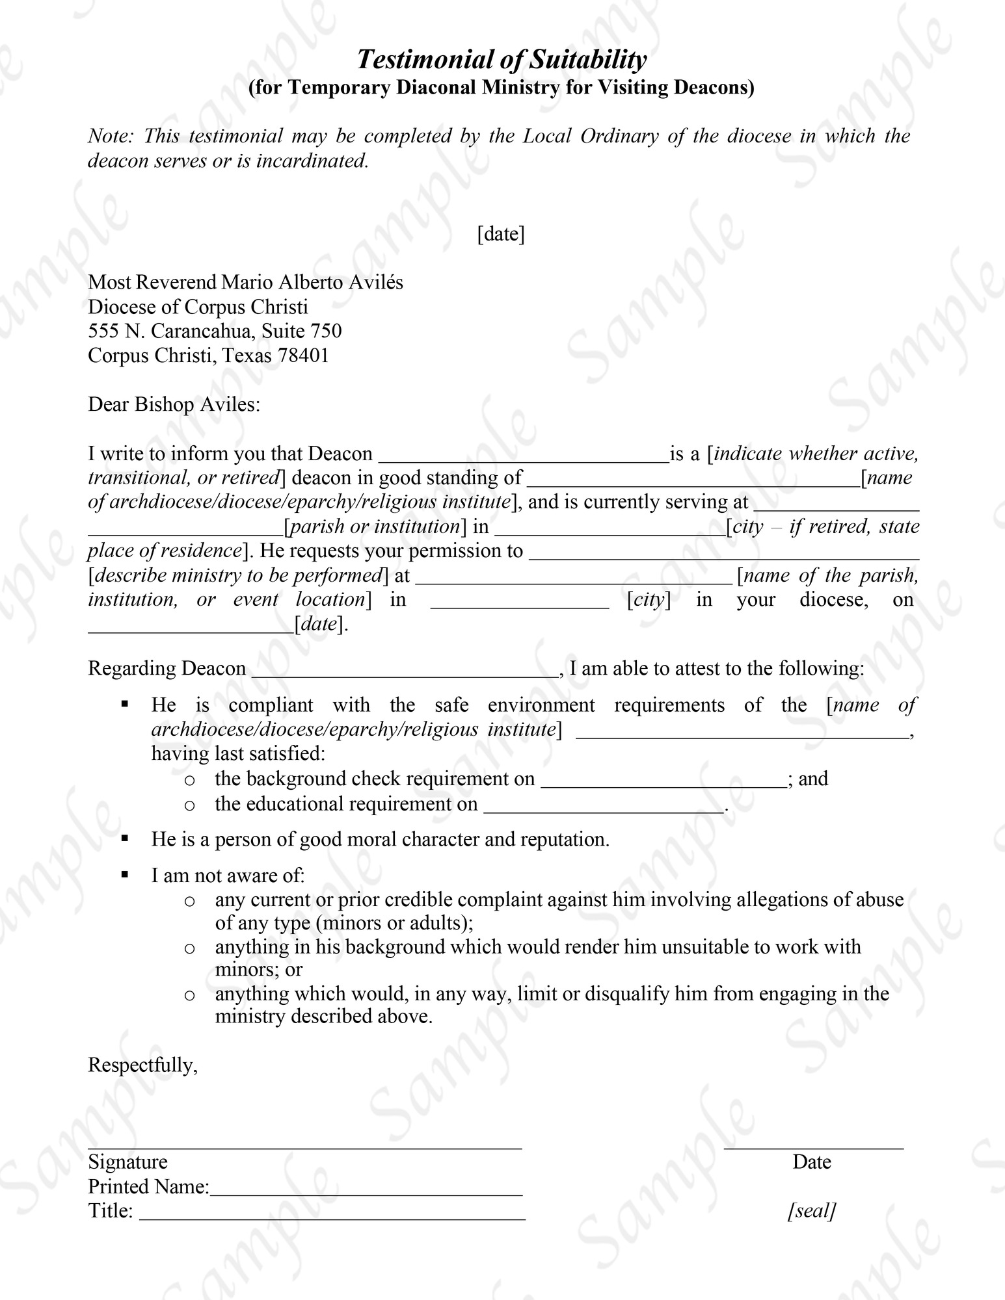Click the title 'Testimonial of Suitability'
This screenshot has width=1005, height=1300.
coord(502,60)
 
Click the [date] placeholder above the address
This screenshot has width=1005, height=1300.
coord(501,234)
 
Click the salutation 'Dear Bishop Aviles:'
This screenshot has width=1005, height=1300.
coord(174,405)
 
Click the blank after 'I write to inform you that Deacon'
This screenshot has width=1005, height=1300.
coord(523,455)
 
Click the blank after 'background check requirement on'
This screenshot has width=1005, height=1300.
coord(663,781)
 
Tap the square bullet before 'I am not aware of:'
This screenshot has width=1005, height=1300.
coord(125,875)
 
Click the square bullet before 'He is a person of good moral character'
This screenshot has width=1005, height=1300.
coord(125,838)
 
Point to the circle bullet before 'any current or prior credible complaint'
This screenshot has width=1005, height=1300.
coord(189,901)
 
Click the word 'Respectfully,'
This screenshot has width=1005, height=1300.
coord(142,1065)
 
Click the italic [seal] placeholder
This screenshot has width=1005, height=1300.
coord(811,1210)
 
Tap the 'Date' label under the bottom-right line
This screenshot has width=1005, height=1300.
coord(811,1162)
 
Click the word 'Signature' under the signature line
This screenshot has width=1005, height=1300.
coord(127,1162)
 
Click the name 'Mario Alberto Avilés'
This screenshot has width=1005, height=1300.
coord(312,282)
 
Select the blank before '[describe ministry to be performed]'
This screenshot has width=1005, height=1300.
coord(724,552)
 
